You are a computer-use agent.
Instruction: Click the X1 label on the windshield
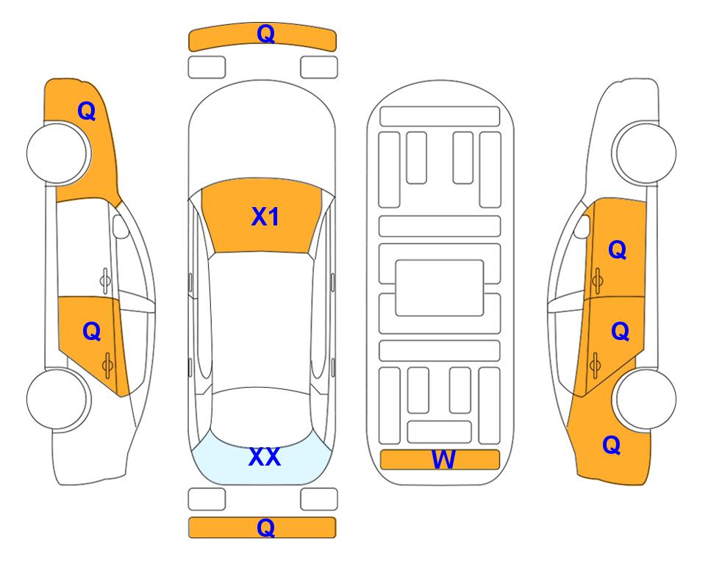pyautogui.click(x=265, y=217)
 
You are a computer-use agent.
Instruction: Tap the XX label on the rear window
pyautogui.click(x=265, y=457)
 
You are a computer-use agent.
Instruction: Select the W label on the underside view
pyautogui.click(x=443, y=459)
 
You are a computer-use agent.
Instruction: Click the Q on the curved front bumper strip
pyautogui.click(x=265, y=34)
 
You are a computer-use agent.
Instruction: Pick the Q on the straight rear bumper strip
pyautogui.click(x=265, y=527)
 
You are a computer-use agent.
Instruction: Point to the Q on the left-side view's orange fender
pyautogui.click(x=86, y=111)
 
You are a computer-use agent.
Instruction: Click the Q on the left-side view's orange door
pyautogui.click(x=91, y=332)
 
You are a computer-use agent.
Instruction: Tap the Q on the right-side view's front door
pyautogui.click(x=618, y=250)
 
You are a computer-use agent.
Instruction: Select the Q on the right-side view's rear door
pyautogui.click(x=620, y=332)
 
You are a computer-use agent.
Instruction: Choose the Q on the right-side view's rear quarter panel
pyautogui.click(x=612, y=445)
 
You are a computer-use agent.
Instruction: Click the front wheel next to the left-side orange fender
pyautogui.click(x=57, y=153)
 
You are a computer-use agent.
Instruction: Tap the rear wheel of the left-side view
pyautogui.click(x=57, y=399)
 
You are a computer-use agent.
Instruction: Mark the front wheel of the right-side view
pyautogui.click(x=646, y=153)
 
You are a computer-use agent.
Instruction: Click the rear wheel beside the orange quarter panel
pyautogui.click(x=646, y=399)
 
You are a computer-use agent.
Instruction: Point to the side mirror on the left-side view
pyautogui.click(x=120, y=226)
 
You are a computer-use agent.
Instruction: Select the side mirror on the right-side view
pyautogui.click(x=582, y=226)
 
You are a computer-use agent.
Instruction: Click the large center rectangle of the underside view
pyautogui.click(x=440, y=288)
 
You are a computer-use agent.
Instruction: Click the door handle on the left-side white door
pyautogui.click(x=104, y=281)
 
